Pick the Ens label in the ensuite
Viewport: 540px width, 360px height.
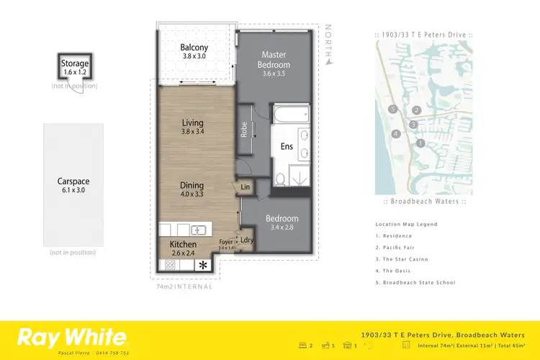[x=287, y=147]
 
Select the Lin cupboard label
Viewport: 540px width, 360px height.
[x=245, y=188]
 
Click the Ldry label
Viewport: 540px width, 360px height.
[x=246, y=240]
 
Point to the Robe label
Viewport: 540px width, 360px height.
[x=245, y=130]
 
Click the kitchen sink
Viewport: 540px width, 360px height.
[x=198, y=230]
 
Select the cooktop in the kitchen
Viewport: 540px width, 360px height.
[x=171, y=265]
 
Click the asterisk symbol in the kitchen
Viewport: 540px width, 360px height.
[x=203, y=265]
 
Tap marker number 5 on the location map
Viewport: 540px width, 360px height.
[x=392, y=109]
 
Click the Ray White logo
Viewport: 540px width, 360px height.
[x=72, y=336]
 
